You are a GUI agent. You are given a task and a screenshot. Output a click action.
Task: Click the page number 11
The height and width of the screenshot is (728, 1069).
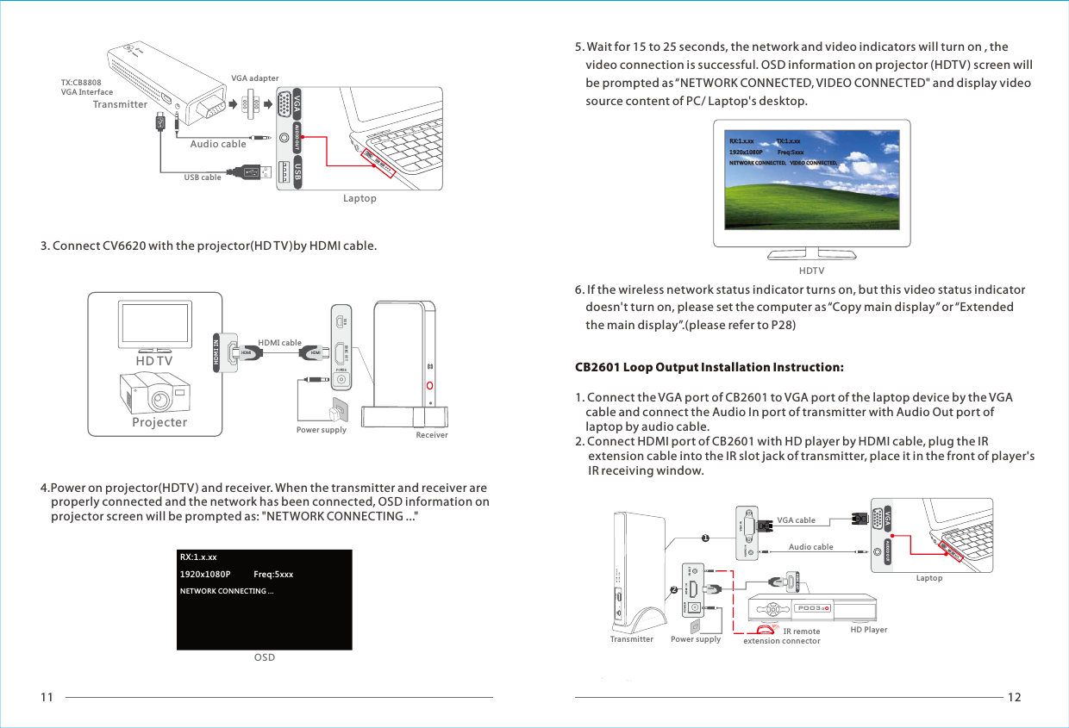pos(47,697)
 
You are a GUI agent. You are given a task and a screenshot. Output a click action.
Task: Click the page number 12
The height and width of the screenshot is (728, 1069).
pos(1015,697)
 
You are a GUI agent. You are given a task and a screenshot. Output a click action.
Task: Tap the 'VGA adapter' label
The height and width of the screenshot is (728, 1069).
pos(254,78)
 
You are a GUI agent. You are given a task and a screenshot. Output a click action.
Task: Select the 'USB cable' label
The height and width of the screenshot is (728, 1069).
pos(203,177)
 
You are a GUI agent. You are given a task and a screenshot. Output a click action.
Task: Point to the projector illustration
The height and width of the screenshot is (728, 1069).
pos(157,392)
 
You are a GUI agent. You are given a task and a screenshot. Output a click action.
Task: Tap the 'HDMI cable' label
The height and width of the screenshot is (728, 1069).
pos(279,343)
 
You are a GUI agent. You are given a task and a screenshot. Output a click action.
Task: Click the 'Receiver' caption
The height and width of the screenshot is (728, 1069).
pos(432,435)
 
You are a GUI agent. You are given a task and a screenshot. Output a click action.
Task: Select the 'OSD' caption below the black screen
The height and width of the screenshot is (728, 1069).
pos(264,657)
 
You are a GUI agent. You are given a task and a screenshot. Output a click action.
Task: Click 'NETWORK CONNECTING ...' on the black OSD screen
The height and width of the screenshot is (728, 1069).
pos(226,591)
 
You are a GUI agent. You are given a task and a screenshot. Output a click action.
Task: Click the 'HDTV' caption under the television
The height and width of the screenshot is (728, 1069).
pos(811,271)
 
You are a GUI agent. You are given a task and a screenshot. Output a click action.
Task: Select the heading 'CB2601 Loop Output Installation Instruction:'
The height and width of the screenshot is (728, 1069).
pos(709,368)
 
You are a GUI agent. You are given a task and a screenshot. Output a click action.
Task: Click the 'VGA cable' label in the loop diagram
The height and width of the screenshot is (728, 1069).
pos(796,520)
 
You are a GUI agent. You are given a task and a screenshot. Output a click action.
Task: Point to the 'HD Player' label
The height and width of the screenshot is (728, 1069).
pos(868,630)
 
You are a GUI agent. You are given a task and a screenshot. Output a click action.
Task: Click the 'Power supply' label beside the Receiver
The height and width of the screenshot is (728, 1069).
pos(321,430)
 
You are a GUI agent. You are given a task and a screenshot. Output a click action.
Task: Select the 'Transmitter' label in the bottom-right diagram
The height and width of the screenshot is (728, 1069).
pos(631,639)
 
